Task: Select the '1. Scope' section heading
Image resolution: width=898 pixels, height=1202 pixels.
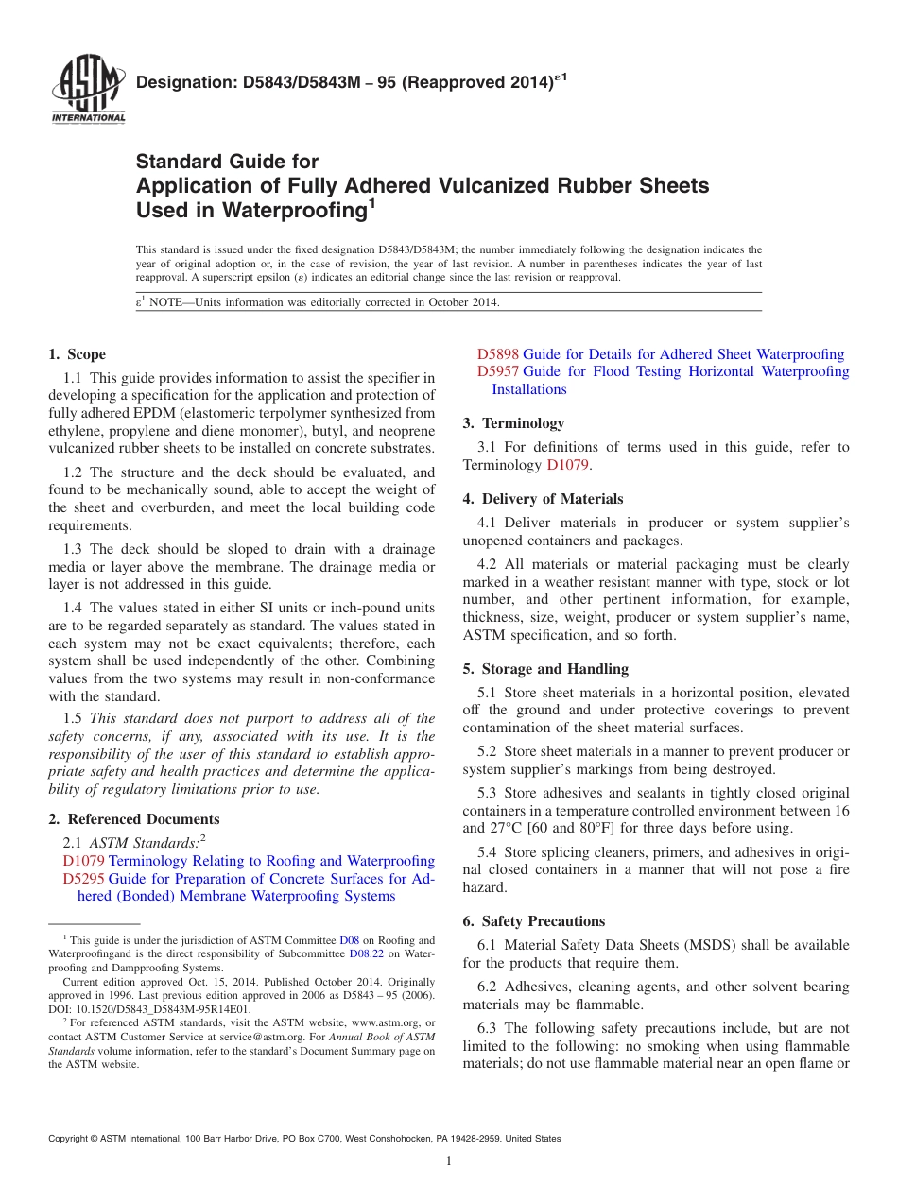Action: click(78, 354)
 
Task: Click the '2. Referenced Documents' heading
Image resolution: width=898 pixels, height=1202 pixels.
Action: click(134, 819)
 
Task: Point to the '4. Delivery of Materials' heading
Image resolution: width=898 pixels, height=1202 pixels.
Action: click(543, 499)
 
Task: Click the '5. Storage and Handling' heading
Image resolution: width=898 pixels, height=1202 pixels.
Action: click(545, 669)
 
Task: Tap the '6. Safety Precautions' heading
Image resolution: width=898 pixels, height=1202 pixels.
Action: click(534, 921)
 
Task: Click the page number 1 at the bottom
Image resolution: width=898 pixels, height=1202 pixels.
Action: click(449, 1160)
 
